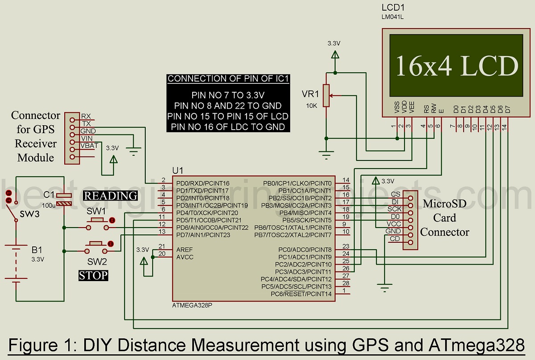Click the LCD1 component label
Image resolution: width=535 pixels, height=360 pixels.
[x=393, y=8]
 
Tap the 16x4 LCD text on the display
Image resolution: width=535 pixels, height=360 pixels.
[x=457, y=65]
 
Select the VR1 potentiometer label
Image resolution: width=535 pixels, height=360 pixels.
[x=311, y=94]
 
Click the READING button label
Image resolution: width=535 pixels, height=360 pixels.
[x=111, y=196]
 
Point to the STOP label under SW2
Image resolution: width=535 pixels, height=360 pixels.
[x=93, y=275]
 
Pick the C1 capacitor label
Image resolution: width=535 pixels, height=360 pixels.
[x=49, y=195]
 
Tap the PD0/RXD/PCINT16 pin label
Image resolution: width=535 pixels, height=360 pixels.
[x=203, y=183]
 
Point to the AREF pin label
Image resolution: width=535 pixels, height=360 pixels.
[x=185, y=250]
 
